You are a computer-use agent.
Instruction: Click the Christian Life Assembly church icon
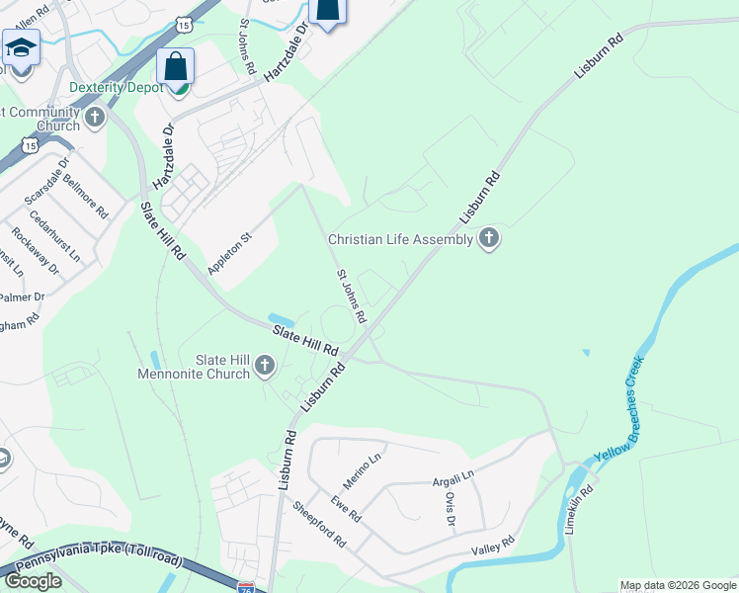tap(488, 238)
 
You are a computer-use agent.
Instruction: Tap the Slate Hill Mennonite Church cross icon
tap(264, 367)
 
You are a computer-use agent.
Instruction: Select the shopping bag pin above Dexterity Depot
tap(176, 68)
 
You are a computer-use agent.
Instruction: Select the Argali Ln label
tap(453, 479)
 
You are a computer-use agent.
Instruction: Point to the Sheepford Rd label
tap(318, 525)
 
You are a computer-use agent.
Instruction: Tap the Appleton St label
tap(230, 253)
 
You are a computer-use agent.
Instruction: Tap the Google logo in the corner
tap(34, 581)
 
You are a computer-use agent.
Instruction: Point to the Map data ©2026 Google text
tap(678, 585)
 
